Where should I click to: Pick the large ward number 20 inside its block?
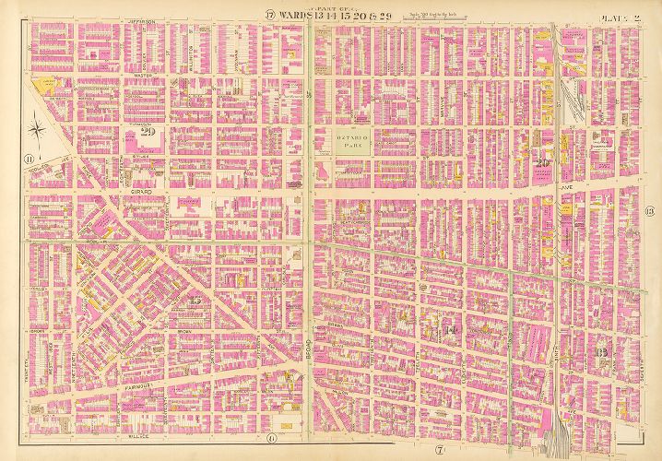coord(542,163)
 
